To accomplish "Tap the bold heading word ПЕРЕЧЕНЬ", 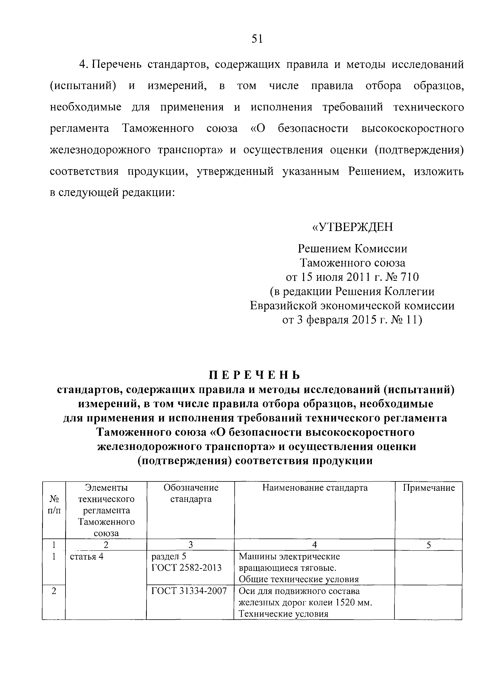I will click(255, 375).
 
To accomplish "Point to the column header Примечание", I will click(429, 488).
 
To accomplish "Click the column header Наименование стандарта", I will click(315, 488).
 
